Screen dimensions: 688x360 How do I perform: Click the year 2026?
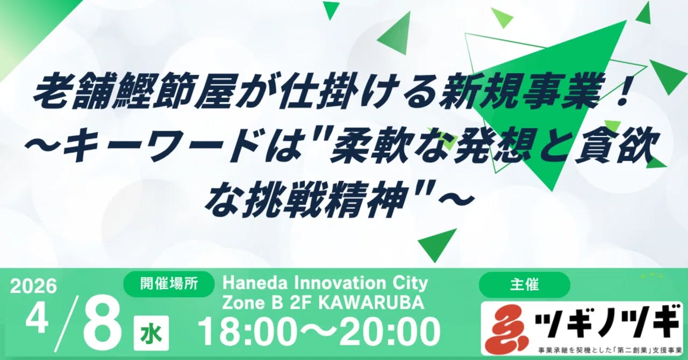[34, 286]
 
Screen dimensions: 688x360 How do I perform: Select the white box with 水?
[152, 333]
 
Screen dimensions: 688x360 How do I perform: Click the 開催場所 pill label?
[169, 284]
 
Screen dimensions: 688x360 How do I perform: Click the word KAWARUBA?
[371, 303]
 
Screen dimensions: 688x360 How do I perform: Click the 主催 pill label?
[525, 284]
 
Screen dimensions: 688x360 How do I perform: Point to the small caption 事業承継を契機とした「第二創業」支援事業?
[610, 350]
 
